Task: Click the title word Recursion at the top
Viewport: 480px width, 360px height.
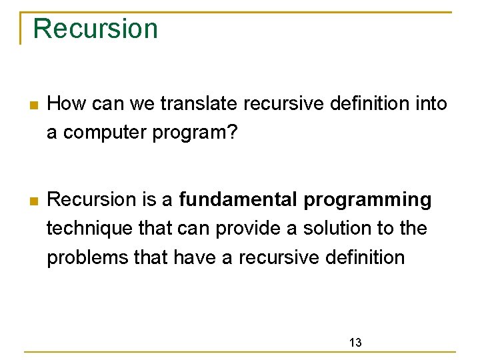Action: [95, 29]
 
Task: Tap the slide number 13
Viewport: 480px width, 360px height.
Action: [355, 343]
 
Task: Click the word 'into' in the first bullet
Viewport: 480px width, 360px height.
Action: [429, 104]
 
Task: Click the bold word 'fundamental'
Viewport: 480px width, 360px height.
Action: [240, 199]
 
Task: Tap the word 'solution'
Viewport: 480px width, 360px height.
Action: [338, 228]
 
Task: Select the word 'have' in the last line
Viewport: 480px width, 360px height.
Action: [195, 257]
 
